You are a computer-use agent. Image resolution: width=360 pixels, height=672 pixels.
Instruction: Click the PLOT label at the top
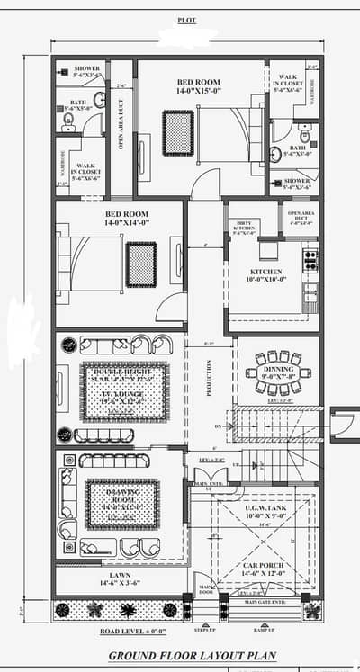point(187,19)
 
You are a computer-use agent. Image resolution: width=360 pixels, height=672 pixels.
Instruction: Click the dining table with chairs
point(277,372)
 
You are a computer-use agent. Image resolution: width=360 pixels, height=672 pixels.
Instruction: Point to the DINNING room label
point(277,369)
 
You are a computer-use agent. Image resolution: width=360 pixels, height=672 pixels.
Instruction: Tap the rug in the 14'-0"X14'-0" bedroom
point(141,264)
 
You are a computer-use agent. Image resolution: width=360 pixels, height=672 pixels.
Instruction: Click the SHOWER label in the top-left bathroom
point(87,71)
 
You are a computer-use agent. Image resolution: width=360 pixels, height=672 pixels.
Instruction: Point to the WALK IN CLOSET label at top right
point(288,83)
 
